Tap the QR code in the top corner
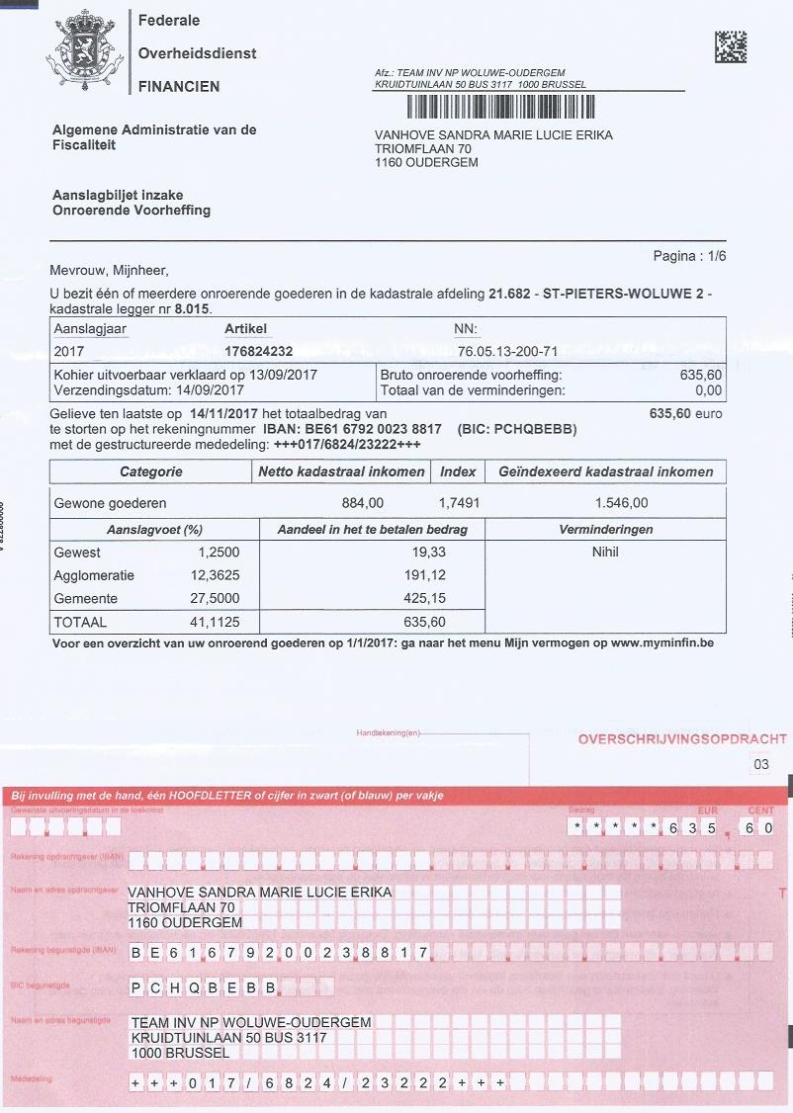730,46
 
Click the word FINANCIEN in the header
179,86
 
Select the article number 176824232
258,351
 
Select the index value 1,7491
459,502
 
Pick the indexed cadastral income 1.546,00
621,502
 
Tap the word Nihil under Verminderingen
605,553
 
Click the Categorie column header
150,471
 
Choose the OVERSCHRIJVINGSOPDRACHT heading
682,739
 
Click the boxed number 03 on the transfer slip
760,764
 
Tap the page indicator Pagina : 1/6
689,256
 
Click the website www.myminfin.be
661,643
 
